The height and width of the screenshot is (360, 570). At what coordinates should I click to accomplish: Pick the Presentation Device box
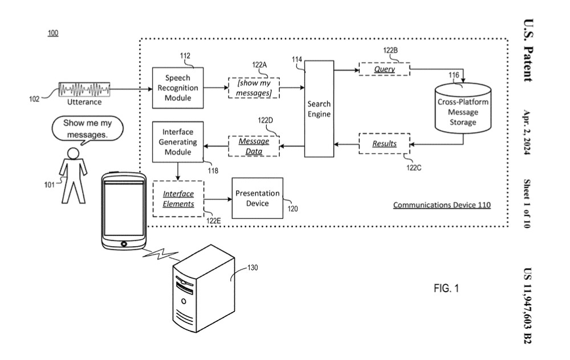point(256,197)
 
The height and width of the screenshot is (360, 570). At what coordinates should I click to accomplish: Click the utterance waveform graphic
point(85,90)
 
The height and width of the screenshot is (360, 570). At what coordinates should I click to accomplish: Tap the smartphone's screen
point(124,208)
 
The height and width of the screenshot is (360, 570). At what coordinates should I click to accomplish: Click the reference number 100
point(52,33)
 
